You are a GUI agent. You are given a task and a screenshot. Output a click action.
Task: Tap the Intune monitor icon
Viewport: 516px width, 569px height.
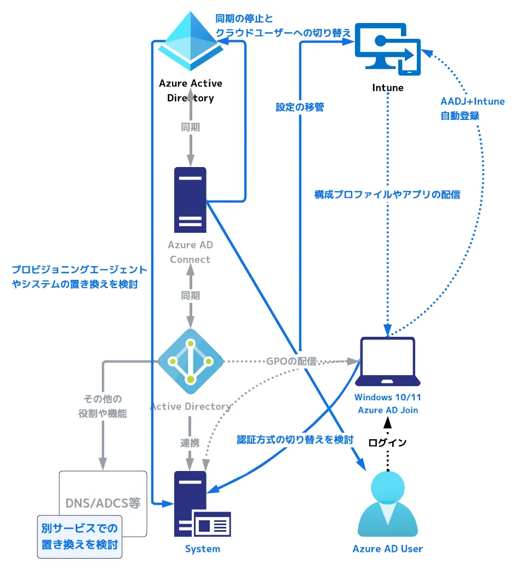[388, 49]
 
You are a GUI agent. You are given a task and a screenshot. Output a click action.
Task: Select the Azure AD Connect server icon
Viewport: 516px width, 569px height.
[190, 200]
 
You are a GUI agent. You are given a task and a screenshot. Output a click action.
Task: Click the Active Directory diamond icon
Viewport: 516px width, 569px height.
[190, 361]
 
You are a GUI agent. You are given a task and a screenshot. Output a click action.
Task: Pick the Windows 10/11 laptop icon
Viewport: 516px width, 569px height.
[388, 361]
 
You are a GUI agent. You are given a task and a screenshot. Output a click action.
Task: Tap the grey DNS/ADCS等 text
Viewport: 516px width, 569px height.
[103, 503]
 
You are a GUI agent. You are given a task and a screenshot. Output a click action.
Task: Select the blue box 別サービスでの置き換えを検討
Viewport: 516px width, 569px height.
[79, 536]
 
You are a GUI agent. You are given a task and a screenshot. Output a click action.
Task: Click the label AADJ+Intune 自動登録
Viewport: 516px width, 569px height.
[473, 108]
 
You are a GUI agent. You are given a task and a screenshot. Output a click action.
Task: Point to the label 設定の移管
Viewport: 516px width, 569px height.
[300, 107]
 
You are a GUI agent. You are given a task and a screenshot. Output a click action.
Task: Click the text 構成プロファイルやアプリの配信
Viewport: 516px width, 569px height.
[387, 194]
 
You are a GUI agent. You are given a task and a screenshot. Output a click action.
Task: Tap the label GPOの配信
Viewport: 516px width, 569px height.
[291, 361]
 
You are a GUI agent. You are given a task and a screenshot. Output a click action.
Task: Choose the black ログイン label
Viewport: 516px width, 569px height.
[387, 442]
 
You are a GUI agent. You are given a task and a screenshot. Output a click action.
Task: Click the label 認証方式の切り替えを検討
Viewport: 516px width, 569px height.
[295, 439]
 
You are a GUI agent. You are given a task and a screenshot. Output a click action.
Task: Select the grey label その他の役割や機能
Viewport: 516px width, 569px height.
[102, 406]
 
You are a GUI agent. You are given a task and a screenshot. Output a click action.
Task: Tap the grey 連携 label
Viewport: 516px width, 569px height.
[190, 442]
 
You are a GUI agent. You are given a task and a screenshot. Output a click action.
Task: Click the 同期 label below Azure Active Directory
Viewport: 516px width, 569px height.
[190, 127]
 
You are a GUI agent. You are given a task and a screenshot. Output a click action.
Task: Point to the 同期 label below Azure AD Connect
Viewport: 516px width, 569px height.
[190, 296]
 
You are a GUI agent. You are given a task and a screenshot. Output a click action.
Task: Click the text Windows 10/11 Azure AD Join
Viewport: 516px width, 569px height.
[387, 404]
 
